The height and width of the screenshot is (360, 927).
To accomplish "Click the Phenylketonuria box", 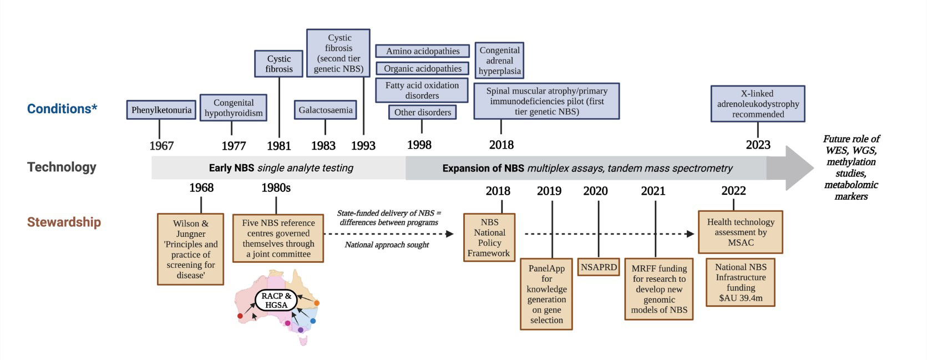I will pyautogui.click(x=161, y=110).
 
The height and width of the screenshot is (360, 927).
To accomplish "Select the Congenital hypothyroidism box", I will pyautogui.click(x=233, y=108).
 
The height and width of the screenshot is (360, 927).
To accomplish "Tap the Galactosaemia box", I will pyautogui.click(x=325, y=110).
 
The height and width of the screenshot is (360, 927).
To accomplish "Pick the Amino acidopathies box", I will pyautogui.click(x=423, y=51).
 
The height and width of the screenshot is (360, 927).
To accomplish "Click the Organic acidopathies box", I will pyautogui.click(x=423, y=68).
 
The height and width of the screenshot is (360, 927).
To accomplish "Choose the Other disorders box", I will pyautogui.click(x=423, y=112).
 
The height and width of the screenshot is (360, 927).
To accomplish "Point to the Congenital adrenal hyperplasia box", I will pyautogui.click(x=499, y=60).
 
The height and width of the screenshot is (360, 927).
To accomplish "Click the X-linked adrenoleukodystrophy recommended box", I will pyautogui.click(x=758, y=104).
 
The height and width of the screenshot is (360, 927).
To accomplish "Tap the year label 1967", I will pyautogui.click(x=161, y=146).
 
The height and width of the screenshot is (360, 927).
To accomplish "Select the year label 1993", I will pyautogui.click(x=363, y=146).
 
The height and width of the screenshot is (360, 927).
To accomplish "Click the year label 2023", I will pyautogui.click(x=758, y=145).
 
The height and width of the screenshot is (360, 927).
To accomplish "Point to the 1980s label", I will pyautogui.click(x=276, y=188).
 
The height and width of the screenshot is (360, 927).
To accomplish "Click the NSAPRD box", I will pyautogui.click(x=599, y=267).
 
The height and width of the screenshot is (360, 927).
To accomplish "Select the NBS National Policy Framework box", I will pyautogui.click(x=489, y=237).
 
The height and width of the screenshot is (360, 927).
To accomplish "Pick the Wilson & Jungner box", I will pyautogui.click(x=190, y=249).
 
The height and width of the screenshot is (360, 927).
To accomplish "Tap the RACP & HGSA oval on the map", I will pyautogui.click(x=276, y=300).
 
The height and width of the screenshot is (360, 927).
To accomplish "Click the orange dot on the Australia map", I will pyautogui.click(x=317, y=303).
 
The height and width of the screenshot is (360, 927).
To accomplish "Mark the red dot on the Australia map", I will pyautogui.click(x=240, y=316).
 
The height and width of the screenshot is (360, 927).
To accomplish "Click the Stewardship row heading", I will pyautogui.click(x=64, y=222).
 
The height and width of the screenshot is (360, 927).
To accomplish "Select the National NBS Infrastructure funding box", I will pyautogui.click(x=741, y=282).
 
